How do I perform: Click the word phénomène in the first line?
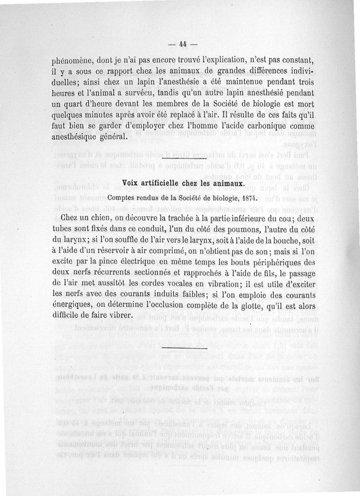tap(73, 60)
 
